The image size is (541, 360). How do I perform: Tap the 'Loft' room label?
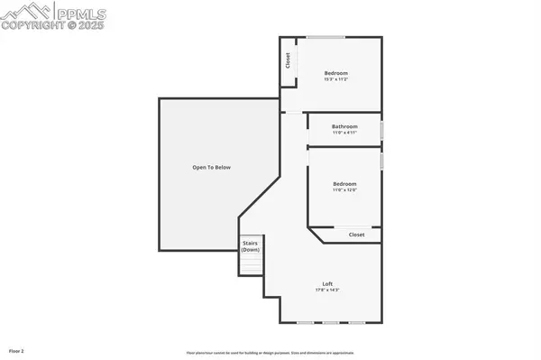(326, 283)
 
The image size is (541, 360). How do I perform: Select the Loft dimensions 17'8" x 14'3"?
(326, 290)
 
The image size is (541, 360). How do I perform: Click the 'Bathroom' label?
(344, 126)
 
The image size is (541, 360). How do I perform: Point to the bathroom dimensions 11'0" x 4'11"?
(344, 133)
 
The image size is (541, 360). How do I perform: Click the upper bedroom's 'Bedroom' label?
(335, 73)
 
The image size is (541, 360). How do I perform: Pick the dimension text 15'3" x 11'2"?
(335, 80)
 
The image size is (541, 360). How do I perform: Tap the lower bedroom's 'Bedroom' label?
(344, 183)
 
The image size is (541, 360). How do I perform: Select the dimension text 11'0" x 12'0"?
(344, 190)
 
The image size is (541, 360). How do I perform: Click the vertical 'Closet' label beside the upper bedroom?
(288, 61)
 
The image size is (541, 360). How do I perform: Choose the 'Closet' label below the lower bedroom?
(357, 234)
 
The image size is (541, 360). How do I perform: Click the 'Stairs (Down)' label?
(250, 246)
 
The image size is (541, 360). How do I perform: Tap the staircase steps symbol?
(250, 265)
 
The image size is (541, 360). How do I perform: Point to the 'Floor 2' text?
(17, 349)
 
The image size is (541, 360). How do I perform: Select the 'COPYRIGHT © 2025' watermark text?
(53, 25)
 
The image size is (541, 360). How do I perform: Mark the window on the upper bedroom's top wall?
(326, 37)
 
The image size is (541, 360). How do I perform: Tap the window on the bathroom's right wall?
(381, 129)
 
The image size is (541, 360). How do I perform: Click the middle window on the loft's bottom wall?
(331, 323)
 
